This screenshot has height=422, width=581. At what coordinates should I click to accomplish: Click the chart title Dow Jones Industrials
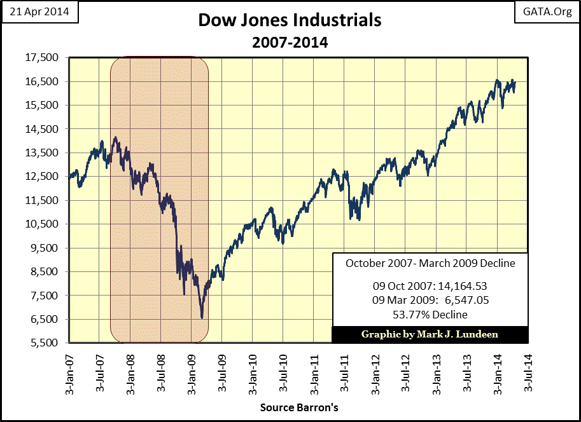[290, 20]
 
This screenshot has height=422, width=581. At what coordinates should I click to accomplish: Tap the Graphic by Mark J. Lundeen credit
[430, 334]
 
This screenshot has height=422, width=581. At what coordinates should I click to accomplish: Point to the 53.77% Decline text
[430, 314]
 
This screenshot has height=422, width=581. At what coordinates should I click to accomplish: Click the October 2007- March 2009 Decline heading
[430, 263]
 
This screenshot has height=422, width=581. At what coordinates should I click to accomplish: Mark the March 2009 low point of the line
[202, 318]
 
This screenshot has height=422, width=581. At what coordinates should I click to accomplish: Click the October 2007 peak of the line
[115, 137]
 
